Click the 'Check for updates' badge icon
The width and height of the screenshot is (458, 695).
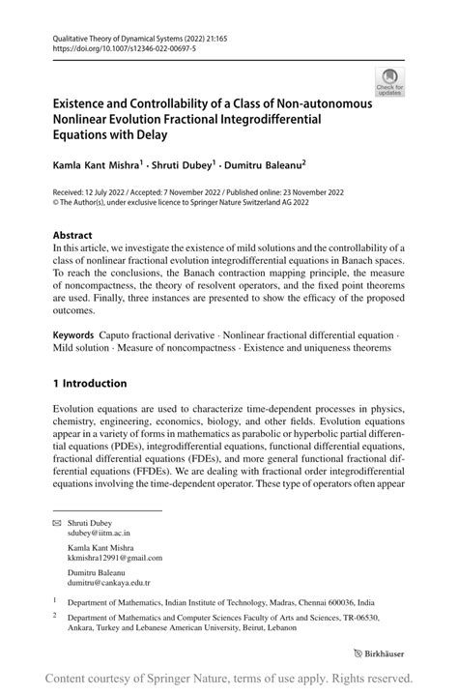point(391,81)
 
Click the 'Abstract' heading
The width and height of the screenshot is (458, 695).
point(72,235)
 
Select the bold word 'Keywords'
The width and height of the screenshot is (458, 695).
point(78,334)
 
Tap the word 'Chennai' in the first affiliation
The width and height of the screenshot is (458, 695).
point(326,601)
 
